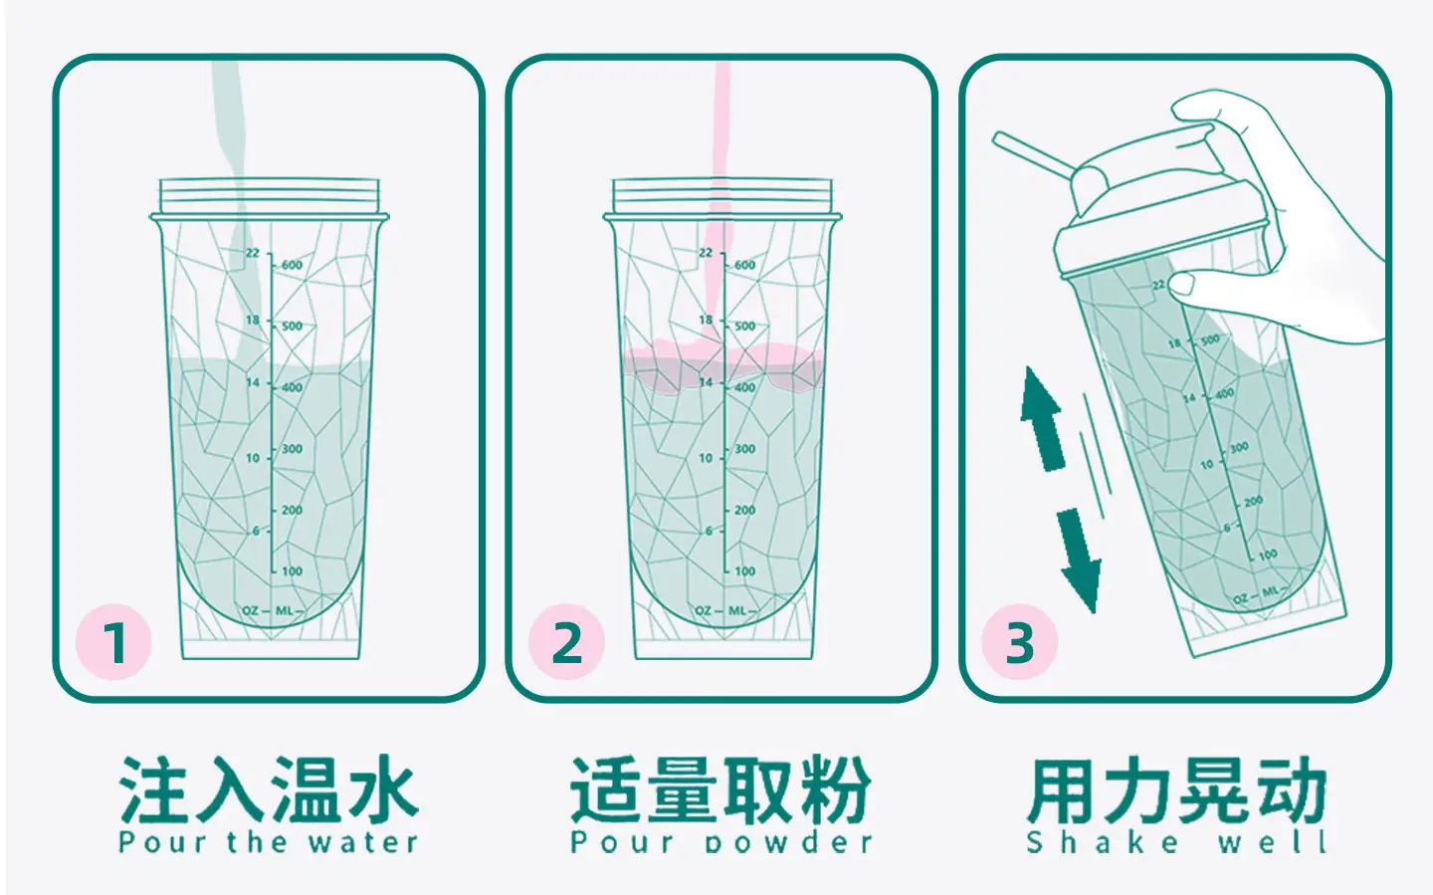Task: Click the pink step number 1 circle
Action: (113, 642)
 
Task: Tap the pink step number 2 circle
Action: (566, 642)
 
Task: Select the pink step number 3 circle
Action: (1019, 642)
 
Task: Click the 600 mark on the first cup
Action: (292, 265)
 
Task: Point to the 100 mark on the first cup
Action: (292, 571)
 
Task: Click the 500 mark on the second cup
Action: (744, 326)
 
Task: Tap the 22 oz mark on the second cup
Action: (706, 253)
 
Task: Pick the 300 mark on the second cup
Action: (744, 449)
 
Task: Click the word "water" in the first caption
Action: (362, 842)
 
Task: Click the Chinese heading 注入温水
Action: (268, 790)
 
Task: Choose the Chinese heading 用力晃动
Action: (1177, 790)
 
